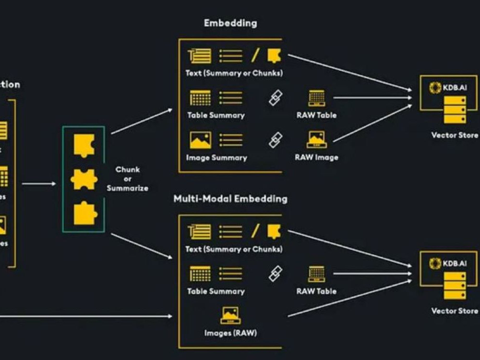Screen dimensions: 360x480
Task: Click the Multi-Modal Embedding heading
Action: (230, 199)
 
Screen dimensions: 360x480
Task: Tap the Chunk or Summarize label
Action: (127, 179)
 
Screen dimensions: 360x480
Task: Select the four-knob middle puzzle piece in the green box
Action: (84, 179)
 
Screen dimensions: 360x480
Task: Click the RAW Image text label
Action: (317, 157)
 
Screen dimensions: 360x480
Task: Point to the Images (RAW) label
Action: (230, 333)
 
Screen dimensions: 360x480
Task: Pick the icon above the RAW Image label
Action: (317, 140)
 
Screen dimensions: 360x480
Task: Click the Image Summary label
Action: (216, 157)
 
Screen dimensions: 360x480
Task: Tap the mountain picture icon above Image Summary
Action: (200, 140)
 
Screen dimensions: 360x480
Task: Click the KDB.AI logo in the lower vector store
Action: (435, 263)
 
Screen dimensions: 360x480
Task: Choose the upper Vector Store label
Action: (454, 135)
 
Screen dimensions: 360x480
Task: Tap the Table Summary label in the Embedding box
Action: (216, 115)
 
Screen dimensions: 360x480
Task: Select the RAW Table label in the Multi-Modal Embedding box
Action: (316, 291)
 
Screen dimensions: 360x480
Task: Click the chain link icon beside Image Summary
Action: (275, 140)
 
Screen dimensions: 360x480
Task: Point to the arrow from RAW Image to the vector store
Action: (372, 123)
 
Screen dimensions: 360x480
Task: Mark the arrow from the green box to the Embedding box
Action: (141, 121)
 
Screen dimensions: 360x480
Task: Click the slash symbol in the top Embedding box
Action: (255, 56)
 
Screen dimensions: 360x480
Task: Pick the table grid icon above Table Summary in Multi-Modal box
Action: (200, 274)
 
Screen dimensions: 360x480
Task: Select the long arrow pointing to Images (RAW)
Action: (86, 316)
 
